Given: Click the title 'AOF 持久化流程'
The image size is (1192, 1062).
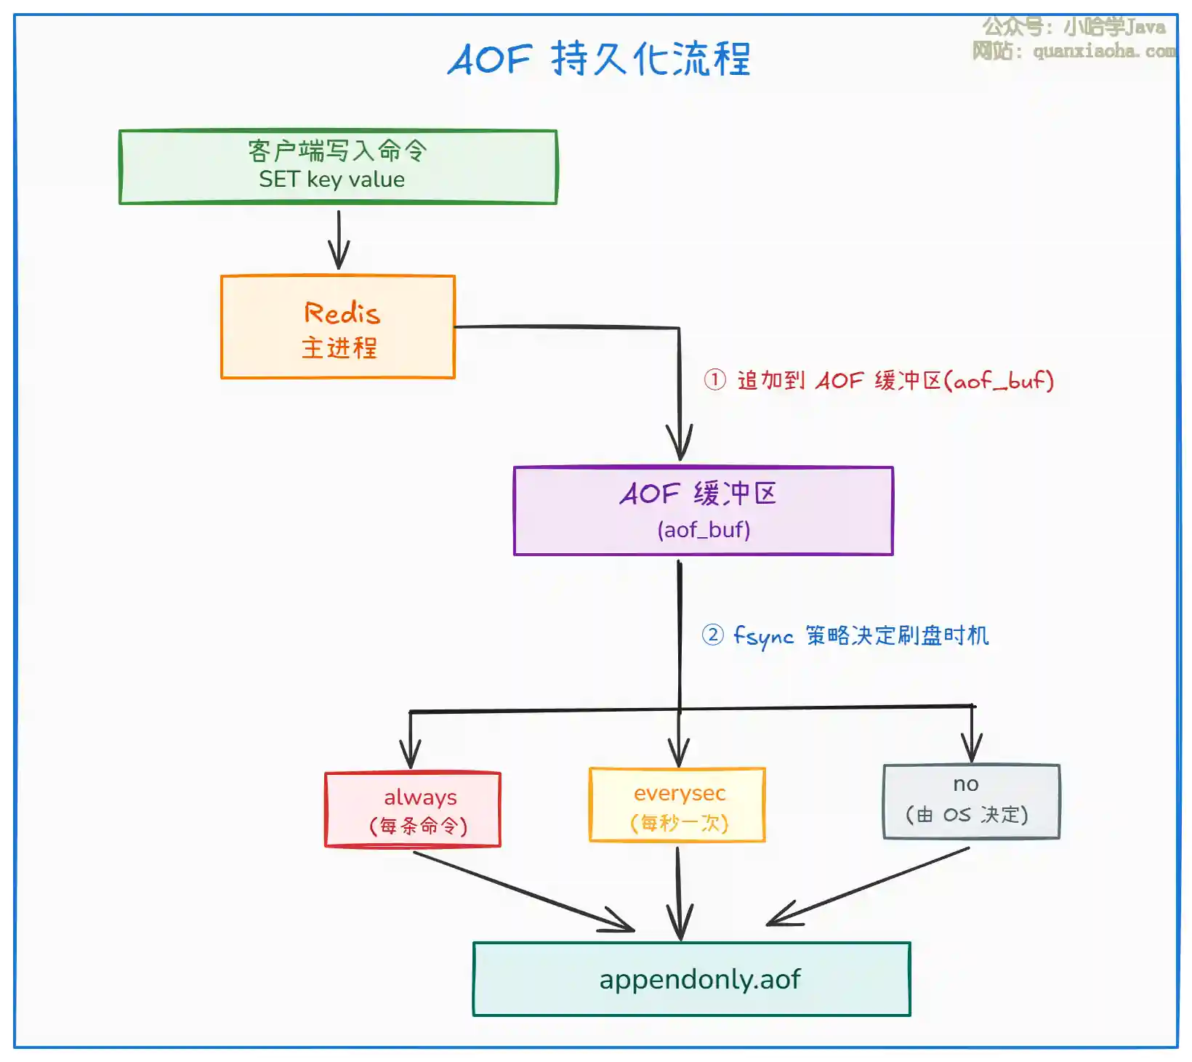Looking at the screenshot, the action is [598, 58].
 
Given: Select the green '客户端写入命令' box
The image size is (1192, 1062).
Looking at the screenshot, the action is [338, 167].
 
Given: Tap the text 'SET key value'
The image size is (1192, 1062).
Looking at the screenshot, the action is [332, 180].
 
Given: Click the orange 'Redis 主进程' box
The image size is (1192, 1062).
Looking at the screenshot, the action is [338, 327].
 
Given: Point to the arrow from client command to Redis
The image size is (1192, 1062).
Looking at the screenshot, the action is [339, 240].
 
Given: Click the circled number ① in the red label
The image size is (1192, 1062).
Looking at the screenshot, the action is [714, 379].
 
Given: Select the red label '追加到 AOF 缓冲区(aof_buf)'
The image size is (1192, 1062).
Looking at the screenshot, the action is [895, 380].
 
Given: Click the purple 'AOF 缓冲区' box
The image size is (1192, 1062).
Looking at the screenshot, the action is [704, 511].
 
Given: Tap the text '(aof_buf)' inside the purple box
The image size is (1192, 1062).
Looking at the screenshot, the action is [704, 530].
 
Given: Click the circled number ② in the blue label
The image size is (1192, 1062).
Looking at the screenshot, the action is [713, 635].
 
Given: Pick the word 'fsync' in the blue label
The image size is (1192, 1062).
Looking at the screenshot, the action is [763, 637].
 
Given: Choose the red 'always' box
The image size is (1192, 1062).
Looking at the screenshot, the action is [413, 810].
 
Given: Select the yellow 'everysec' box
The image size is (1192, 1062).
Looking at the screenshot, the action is [677, 805].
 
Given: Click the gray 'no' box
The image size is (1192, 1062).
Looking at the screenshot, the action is [972, 802].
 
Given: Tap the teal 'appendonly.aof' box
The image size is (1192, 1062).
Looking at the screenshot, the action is [692, 979].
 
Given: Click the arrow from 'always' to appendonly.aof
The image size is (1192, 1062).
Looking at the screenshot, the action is [523, 891].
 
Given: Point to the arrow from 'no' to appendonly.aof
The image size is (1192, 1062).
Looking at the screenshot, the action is [868, 887].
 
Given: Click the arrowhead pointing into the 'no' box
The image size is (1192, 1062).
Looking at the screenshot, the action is [972, 749].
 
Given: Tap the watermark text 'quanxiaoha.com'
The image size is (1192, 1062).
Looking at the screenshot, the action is [1105, 51].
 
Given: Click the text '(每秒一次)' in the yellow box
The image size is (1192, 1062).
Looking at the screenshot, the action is [680, 823].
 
